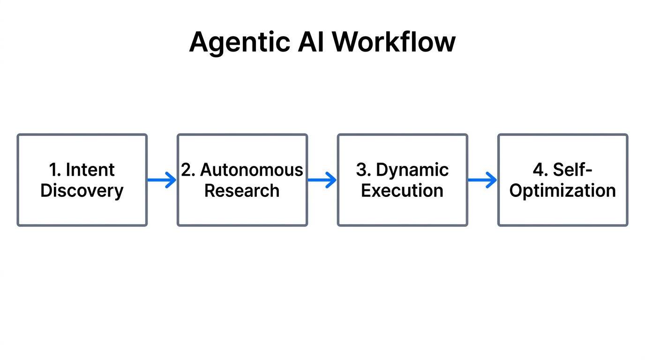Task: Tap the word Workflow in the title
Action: click(x=394, y=42)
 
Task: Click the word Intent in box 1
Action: click(x=90, y=170)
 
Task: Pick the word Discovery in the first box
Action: click(x=82, y=191)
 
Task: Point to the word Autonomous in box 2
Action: click(x=252, y=170)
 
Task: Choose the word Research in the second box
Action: click(x=242, y=191)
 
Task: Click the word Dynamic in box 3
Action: click(x=412, y=170)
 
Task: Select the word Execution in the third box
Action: click(x=402, y=191)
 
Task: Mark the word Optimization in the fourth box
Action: click(x=562, y=191)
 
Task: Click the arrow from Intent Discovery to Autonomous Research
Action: click(x=162, y=180)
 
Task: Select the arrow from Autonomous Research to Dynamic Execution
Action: click(x=322, y=180)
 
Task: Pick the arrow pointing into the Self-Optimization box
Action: click(x=482, y=180)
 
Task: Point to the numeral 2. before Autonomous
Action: click(x=188, y=170)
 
